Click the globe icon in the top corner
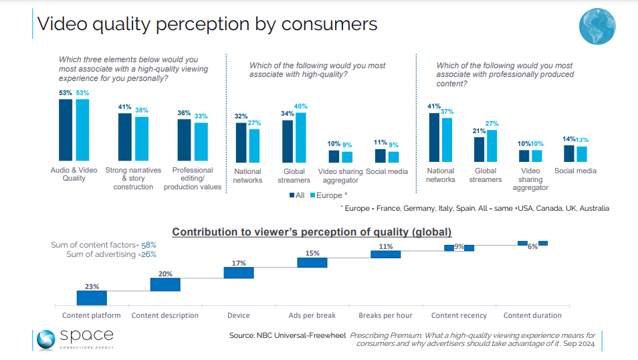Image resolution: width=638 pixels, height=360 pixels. (x=597, y=27)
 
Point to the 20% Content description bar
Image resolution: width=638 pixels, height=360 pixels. (x=165, y=284)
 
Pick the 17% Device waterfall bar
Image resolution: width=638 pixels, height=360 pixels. (x=239, y=272)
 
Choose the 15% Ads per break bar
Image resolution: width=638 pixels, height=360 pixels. (x=312, y=262)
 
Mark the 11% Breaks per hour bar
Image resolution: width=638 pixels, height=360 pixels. (x=385, y=254)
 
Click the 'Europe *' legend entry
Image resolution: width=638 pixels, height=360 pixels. (x=328, y=195)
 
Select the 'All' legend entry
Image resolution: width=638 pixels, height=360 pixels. (x=297, y=195)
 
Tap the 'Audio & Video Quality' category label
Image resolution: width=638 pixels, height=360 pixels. (x=74, y=174)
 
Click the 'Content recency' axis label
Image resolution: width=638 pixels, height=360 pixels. (x=459, y=315)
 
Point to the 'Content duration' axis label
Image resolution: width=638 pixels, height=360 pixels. (x=532, y=315)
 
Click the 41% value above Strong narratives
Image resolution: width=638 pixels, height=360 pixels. (x=124, y=107)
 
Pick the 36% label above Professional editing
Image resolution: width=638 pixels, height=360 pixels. (x=184, y=113)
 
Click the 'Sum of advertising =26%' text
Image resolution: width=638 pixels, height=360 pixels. (x=111, y=255)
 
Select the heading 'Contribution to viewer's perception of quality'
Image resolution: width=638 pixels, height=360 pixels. (x=312, y=232)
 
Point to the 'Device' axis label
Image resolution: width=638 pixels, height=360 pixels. (x=239, y=315)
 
